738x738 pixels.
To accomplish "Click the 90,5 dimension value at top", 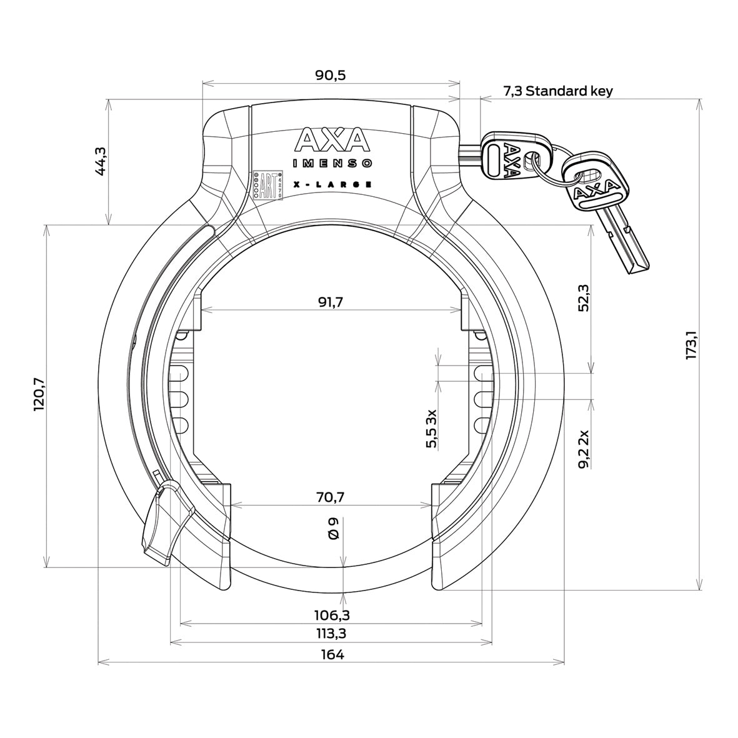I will [x=331, y=76].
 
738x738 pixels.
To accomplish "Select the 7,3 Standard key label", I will [x=557, y=91].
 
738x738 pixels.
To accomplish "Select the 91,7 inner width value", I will [x=331, y=302].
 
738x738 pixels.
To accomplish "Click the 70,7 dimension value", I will [x=331, y=497].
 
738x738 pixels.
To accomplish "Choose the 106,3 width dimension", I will [x=331, y=616].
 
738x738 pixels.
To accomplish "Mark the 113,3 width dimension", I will [x=331, y=634].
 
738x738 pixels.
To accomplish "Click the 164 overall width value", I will [x=332, y=655].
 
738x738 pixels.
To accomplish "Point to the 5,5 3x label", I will [x=431, y=429].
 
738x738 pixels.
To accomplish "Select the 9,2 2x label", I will [x=582, y=449].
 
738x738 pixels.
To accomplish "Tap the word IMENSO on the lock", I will [x=332, y=164].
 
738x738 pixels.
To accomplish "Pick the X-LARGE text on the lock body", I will [x=332, y=185].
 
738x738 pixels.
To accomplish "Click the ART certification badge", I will [x=268, y=186].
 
